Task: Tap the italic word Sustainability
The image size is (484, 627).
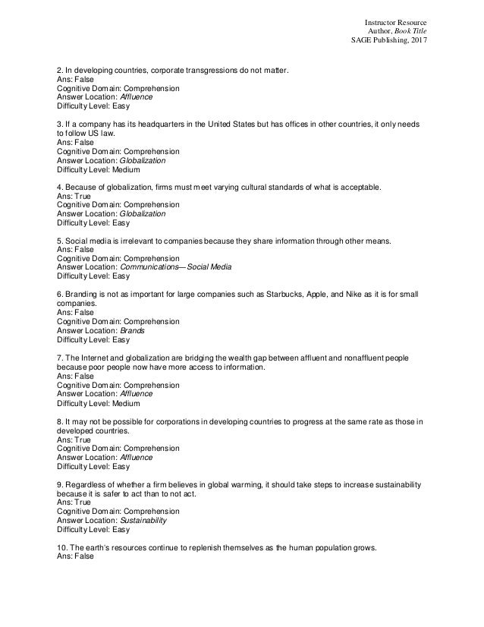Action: coord(144,521)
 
